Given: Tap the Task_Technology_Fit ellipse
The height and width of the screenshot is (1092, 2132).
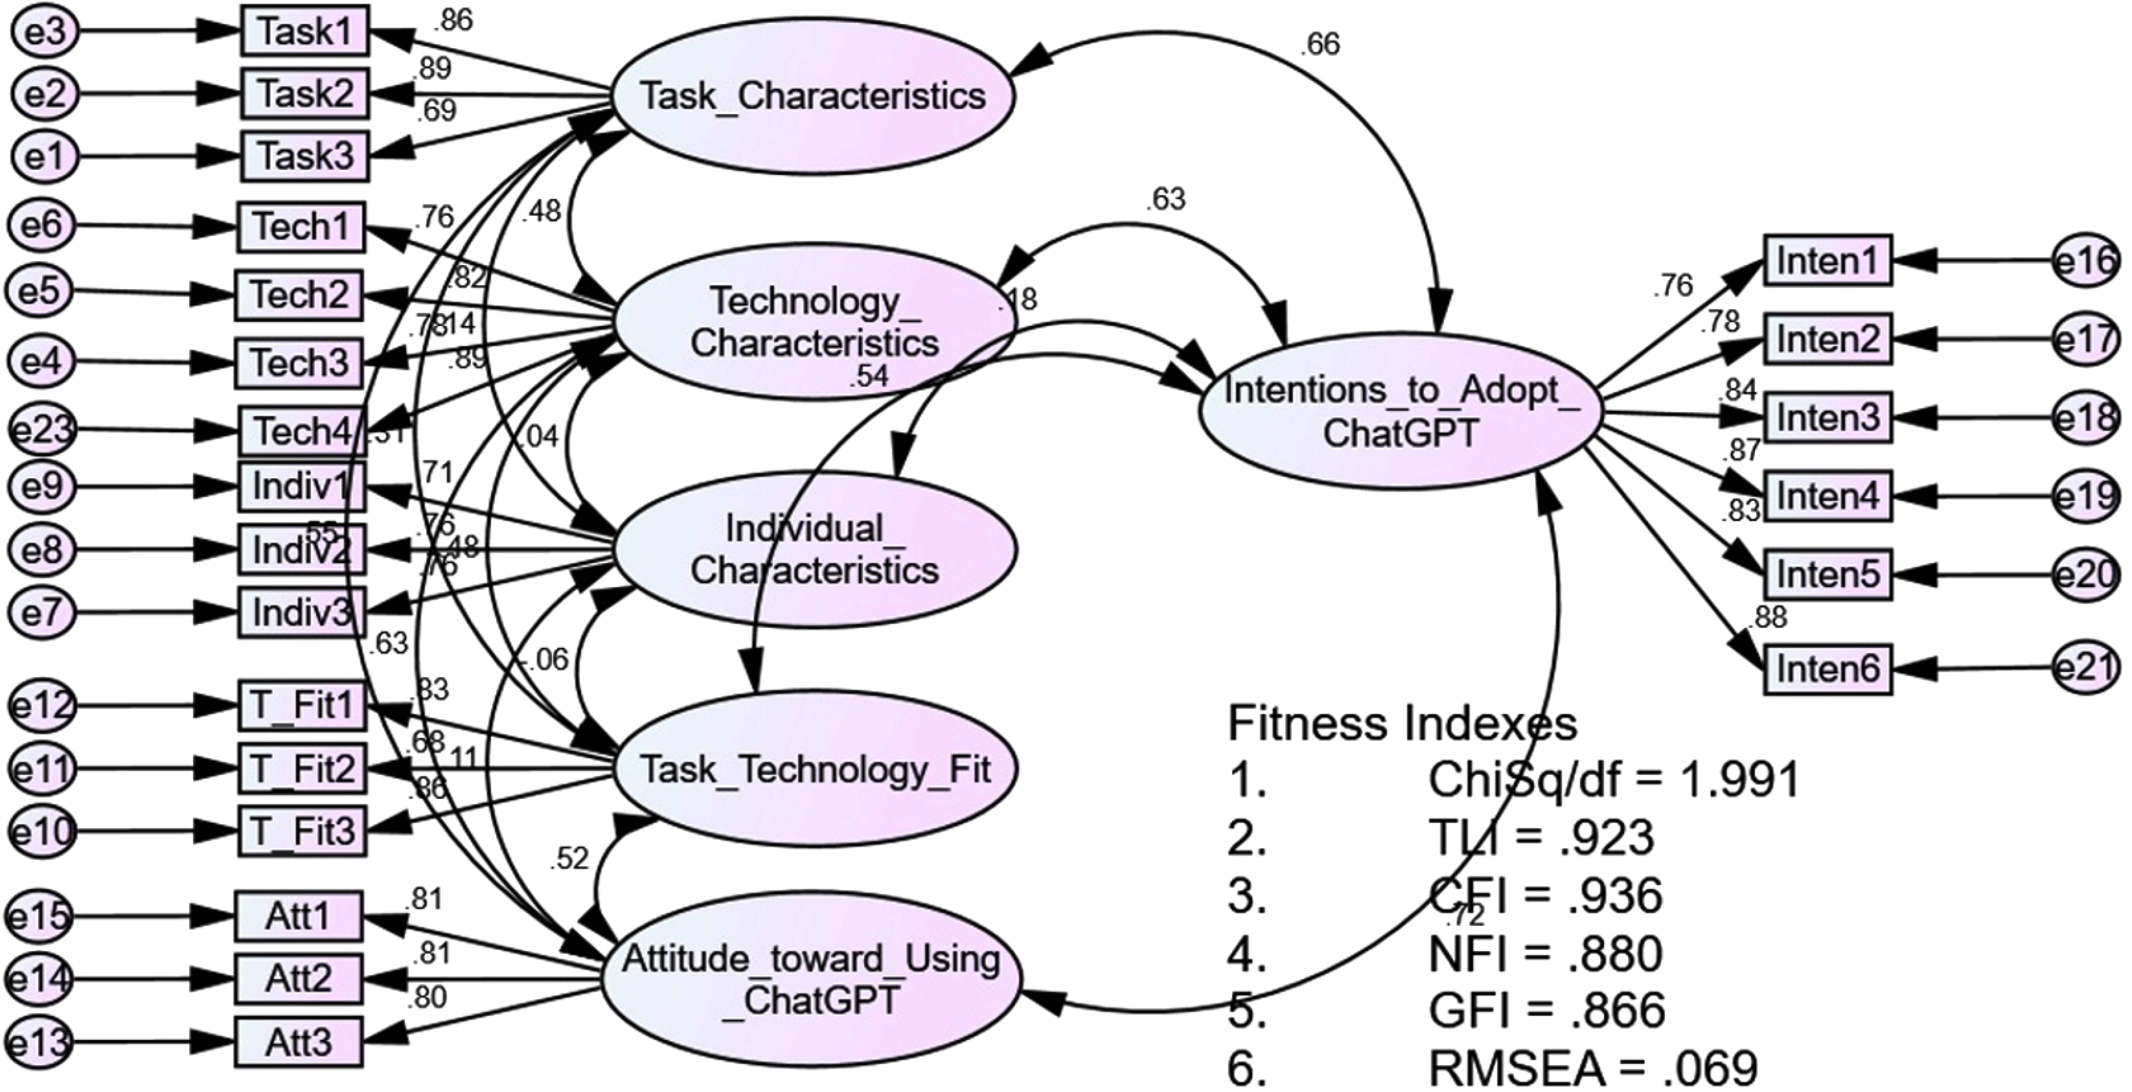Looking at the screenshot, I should [x=815, y=769].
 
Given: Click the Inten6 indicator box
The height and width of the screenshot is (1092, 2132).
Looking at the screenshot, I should [x=1827, y=668].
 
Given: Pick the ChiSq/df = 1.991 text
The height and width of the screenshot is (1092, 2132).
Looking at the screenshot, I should [x=1614, y=779].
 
